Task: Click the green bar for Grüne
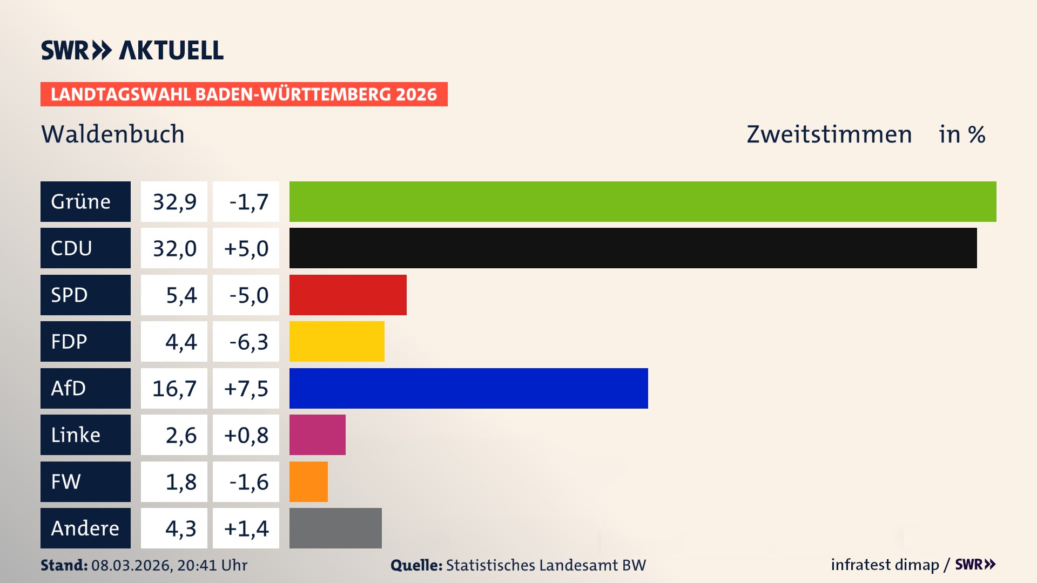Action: pos(643,201)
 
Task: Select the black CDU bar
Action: pos(633,248)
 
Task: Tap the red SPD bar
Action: pos(348,295)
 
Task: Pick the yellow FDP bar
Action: pos(336,342)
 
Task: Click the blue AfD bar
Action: pos(468,388)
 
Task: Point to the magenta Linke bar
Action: pos(317,435)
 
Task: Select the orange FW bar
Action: pos(308,482)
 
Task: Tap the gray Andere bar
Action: pos(335,528)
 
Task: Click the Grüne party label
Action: pos(85,201)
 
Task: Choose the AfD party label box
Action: pos(85,388)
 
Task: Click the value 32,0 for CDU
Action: pos(174,248)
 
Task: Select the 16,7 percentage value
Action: pos(174,388)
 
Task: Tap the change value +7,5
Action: pos(246,388)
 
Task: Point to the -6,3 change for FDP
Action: pos(246,342)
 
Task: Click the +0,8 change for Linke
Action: pos(246,435)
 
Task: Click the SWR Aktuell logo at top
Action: pos(132,50)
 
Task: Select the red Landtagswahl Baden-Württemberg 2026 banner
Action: pos(244,94)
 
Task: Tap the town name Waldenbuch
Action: pos(113,134)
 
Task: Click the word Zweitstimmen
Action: pos(829,134)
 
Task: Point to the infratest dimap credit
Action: pos(885,565)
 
